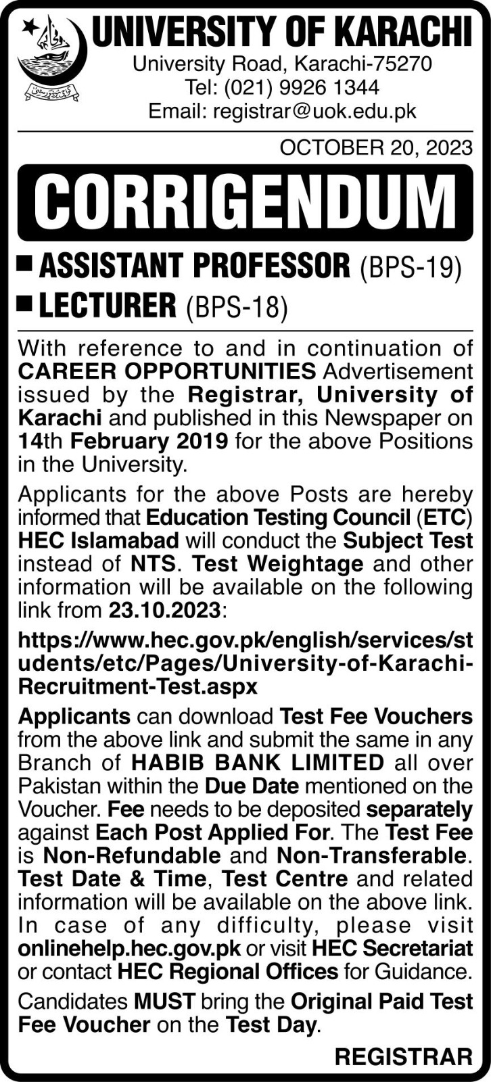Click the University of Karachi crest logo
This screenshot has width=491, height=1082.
[50, 58]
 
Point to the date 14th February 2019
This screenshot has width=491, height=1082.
[122, 441]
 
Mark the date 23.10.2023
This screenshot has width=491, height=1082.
[164, 610]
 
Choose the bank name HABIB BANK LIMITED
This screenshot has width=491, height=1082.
[258, 763]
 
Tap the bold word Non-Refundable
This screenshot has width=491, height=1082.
[130, 855]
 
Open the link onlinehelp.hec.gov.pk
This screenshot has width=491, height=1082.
[129, 949]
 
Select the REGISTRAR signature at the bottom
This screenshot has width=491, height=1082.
[403, 1056]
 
